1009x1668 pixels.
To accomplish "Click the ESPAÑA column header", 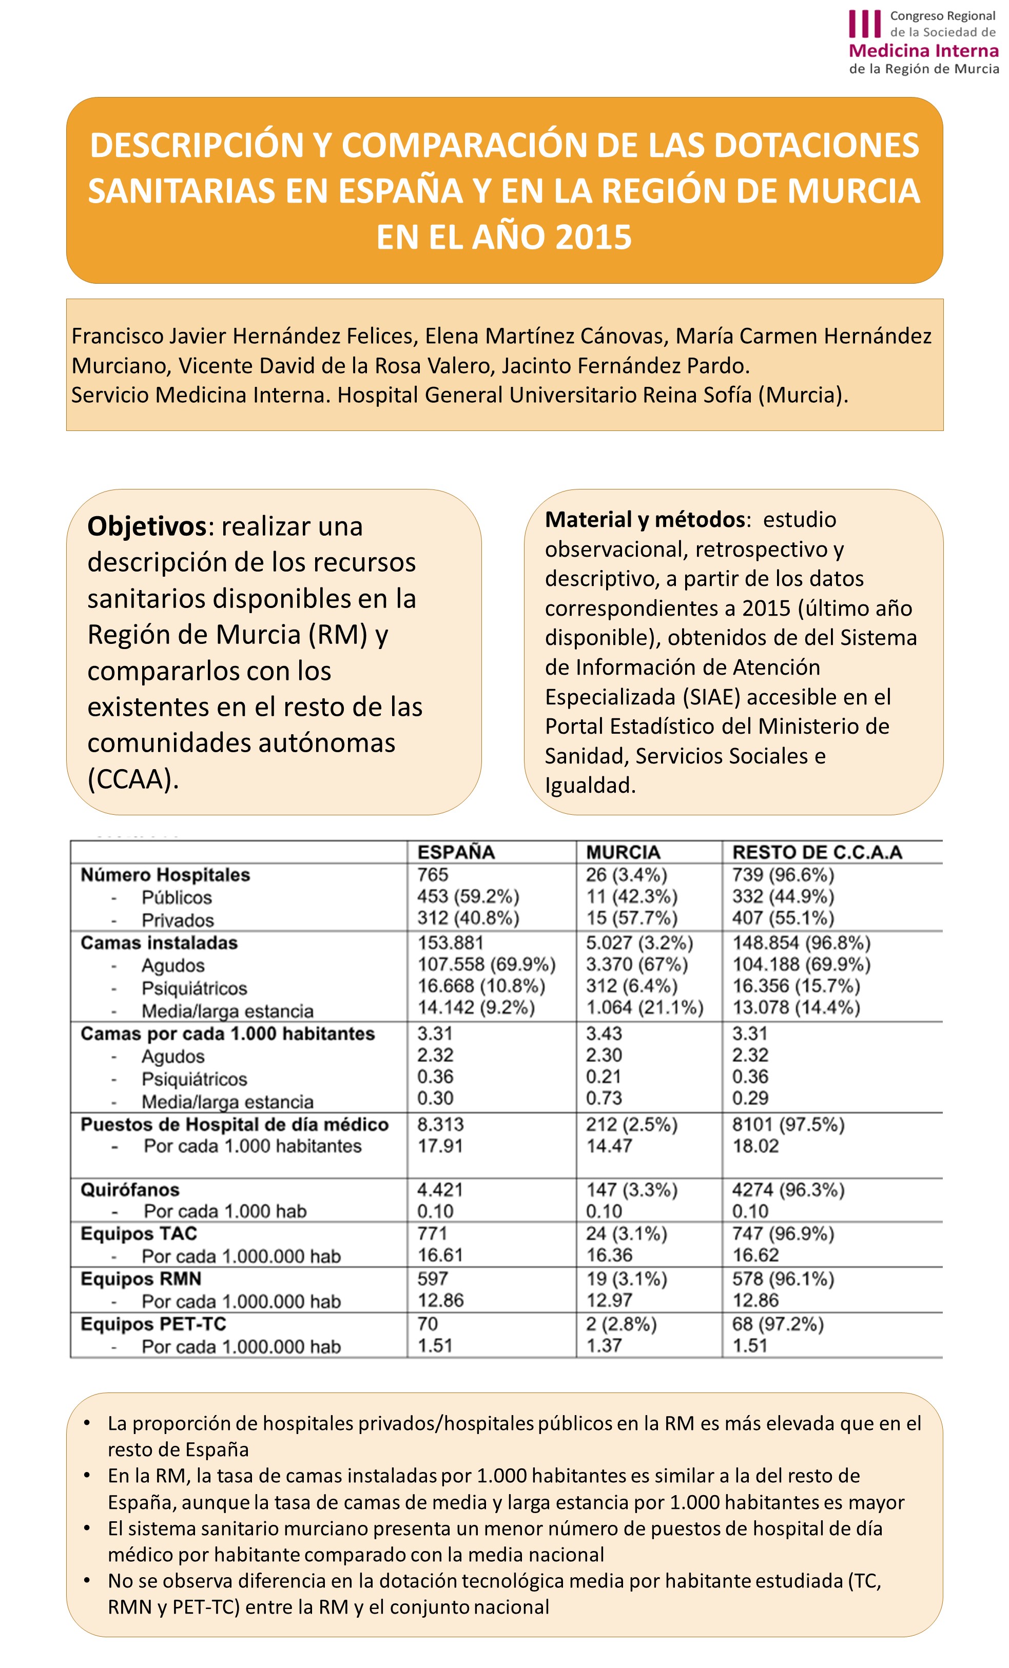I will click(456, 852).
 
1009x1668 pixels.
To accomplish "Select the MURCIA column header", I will click(623, 852).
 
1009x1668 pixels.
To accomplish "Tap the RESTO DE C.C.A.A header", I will click(817, 852).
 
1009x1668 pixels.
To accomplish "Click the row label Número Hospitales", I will click(165, 875).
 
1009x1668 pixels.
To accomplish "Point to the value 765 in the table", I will click(432, 875).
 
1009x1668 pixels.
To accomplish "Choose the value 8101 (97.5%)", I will click(788, 1125).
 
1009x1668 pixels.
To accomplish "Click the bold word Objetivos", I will click(146, 526).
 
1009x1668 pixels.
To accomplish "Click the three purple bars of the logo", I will click(865, 24).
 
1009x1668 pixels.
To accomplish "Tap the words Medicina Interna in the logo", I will click(923, 51).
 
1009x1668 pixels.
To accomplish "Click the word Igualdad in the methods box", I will click(590, 786).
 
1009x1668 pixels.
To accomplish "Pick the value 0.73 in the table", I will click(604, 1097).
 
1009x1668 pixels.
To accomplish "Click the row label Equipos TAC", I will click(139, 1233).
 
